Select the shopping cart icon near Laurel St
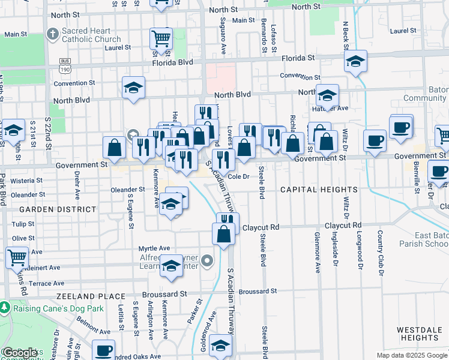click(x=161, y=40)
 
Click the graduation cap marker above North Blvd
click(x=133, y=88)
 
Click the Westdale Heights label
click(x=420, y=334)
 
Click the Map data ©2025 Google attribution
click(x=412, y=355)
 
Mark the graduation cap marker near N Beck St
click(x=355, y=61)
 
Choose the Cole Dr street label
click(x=238, y=176)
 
